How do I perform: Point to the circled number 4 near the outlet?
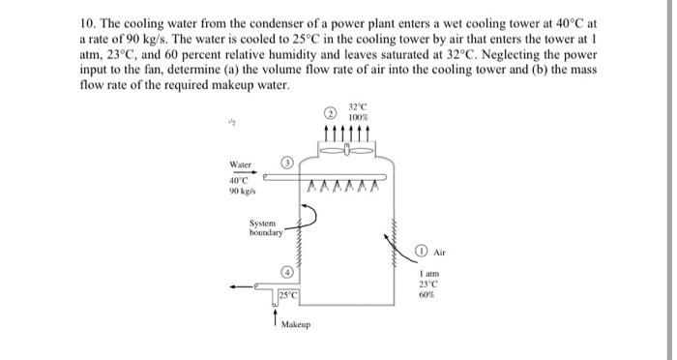click(287, 271)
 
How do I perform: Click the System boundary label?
click(265, 229)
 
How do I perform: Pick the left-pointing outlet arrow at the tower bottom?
click(236, 285)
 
